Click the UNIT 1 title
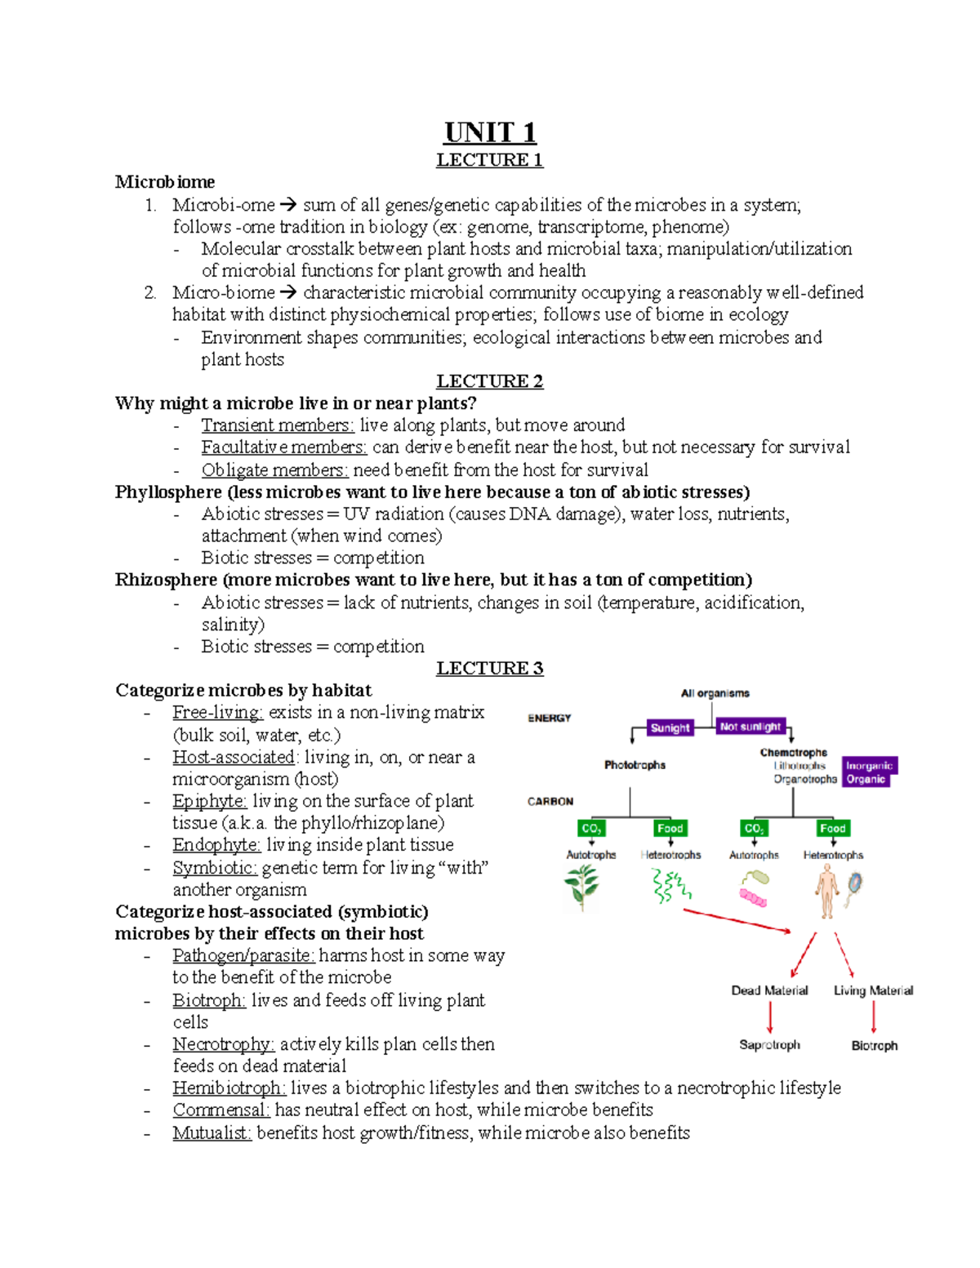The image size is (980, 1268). [x=490, y=132]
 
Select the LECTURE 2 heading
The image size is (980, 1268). [x=489, y=381]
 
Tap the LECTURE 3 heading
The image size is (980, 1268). [x=489, y=669]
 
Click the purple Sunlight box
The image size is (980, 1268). [x=670, y=727]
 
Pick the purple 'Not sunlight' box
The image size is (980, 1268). [x=750, y=726]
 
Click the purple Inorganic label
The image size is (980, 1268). [x=869, y=765]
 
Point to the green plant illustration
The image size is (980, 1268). [x=582, y=886]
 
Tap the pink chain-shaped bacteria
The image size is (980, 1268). [x=753, y=897]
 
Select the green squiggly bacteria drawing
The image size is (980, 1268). [x=670, y=886]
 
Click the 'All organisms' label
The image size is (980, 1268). [x=715, y=693]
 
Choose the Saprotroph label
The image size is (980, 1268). [x=769, y=1045]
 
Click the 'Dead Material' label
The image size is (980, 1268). [x=769, y=990]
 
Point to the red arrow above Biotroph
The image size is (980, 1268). [x=874, y=1017]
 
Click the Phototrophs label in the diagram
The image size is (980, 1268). [x=635, y=765]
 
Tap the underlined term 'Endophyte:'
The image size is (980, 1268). [x=216, y=845]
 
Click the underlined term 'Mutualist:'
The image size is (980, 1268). [x=212, y=1133]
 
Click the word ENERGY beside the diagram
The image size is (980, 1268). [x=550, y=719]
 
